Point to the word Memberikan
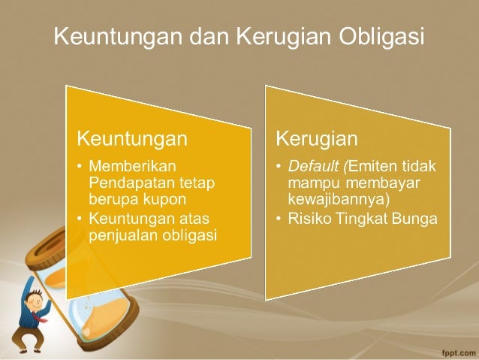tap(131, 165)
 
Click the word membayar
tap(387, 183)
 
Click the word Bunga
tap(420, 219)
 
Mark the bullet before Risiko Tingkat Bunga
tap(278, 219)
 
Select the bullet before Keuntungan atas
tap(80, 219)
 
